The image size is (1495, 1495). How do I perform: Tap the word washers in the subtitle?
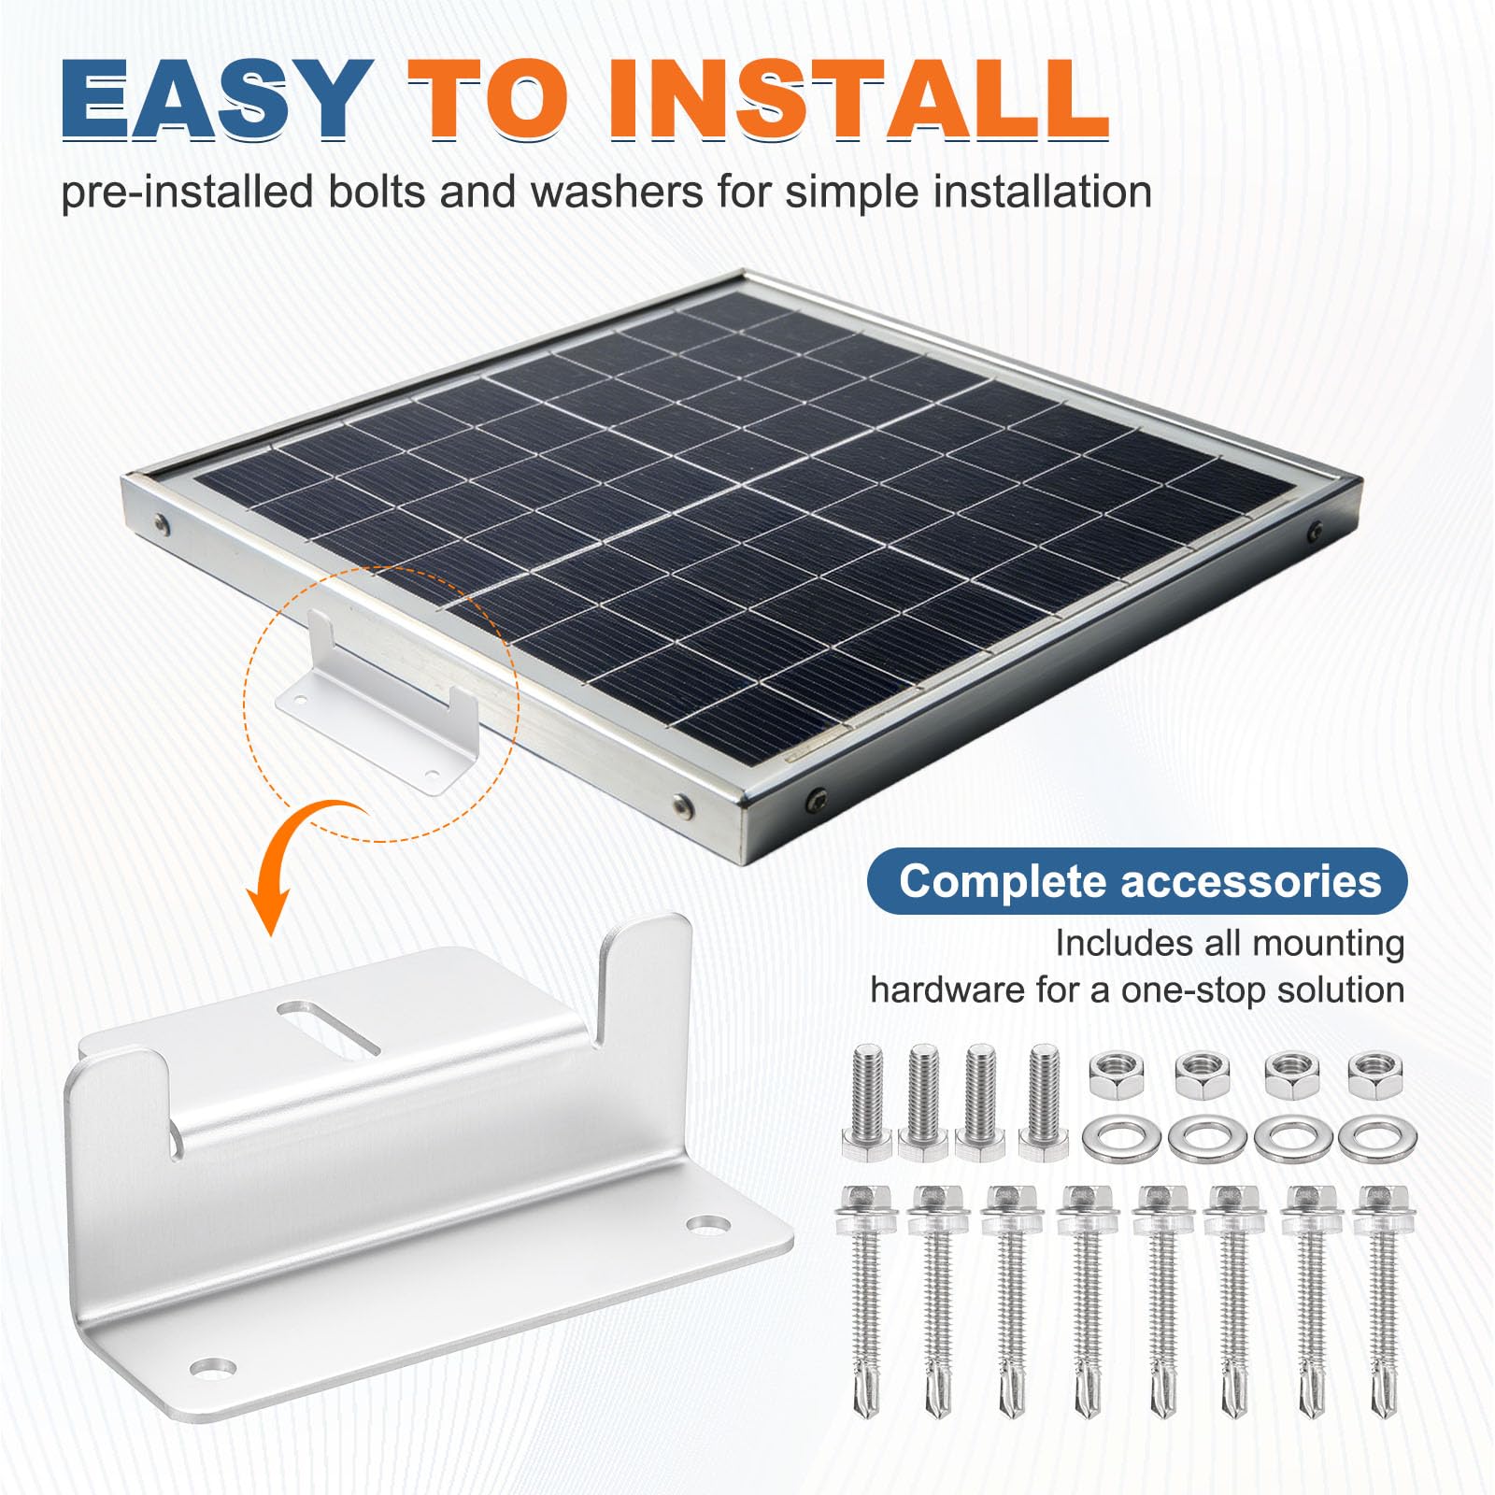coord(617,192)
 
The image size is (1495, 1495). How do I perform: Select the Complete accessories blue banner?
coord(1138,881)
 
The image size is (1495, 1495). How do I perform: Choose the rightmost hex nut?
coord(1369,1075)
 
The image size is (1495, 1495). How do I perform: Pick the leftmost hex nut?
coord(1113,1075)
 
